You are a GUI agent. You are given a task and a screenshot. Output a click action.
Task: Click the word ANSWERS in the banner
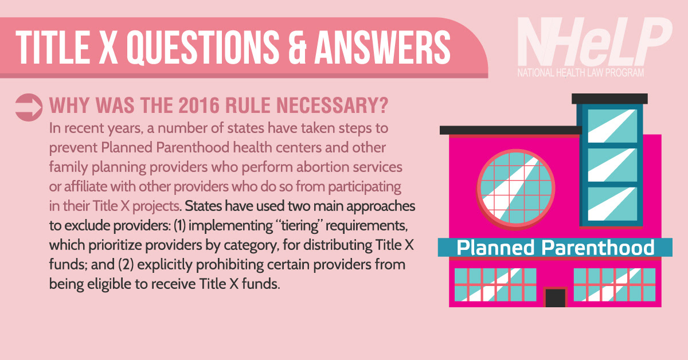pyautogui.click(x=382, y=48)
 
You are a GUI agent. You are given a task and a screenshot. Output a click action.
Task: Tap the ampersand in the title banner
pyautogui.click(x=298, y=48)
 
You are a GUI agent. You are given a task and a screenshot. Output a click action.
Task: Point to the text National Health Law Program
pyautogui.click(x=580, y=73)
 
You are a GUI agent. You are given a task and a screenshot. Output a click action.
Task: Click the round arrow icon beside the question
pyautogui.click(x=29, y=107)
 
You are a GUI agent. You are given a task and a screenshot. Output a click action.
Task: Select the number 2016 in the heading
pyautogui.click(x=199, y=105)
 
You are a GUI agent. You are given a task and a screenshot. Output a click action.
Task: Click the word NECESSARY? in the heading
pyautogui.click(x=333, y=105)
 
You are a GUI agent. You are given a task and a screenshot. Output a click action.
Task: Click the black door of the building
pyautogui.click(x=556, y=298)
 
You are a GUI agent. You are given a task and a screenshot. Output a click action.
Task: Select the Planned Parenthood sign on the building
pyautogui.click(x=555, y=247)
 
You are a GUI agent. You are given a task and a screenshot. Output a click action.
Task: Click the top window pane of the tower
pyautogui.click(x=612, y=126)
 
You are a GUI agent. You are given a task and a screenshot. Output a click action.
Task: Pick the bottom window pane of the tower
pyautogui.click(x=612, y=204)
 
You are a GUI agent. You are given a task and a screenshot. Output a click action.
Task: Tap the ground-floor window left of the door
pyautogui.click(x=495, y=285)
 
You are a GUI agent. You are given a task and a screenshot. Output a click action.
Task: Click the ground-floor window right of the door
pyautogui.click(x=614, y=285)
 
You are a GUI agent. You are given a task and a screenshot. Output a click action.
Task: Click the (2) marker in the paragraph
pyautogui.click(x=126, y=264)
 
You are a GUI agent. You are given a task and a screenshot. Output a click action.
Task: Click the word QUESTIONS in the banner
pyautogui.click(x=203, y=48)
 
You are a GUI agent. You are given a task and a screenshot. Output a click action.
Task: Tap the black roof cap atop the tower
pyautogui.click(x=609, y=99)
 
